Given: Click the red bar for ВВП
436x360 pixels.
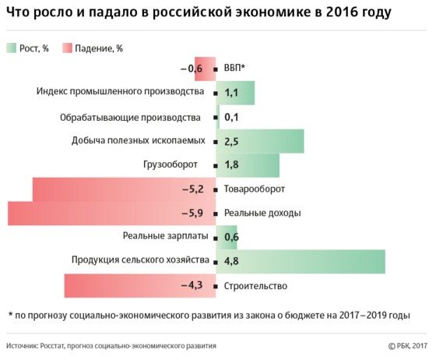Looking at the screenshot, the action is (206, 69).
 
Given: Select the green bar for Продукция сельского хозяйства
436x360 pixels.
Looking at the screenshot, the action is (301, 262).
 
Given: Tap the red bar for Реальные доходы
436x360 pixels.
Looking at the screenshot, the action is (112, 214).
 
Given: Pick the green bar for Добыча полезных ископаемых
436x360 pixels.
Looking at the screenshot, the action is (260, 141).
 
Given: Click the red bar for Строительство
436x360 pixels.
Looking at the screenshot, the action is (140, 286).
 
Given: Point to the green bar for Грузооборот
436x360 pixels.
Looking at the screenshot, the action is (248, 165).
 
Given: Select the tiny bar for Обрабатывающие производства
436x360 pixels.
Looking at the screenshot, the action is (218, 117).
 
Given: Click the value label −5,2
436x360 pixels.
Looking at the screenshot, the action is (193, 189).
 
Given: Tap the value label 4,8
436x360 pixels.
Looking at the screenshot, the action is (231, 261).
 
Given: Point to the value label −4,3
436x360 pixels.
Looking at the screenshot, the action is (192, 285).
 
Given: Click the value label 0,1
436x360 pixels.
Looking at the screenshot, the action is (231, 117).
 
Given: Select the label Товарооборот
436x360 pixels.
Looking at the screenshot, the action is (255, 189).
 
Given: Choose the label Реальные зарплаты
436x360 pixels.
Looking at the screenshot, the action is (165, 236).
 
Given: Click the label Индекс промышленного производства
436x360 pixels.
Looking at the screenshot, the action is (120, 91).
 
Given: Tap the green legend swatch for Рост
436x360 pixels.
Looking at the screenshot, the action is (12, 48).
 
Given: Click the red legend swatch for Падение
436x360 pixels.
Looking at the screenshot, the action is (67, 48).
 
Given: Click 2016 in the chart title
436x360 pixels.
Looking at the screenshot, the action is (342, 12).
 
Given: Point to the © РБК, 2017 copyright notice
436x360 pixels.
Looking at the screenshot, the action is (408, 346).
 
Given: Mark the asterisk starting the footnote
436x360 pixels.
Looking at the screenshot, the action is (11, 314).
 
